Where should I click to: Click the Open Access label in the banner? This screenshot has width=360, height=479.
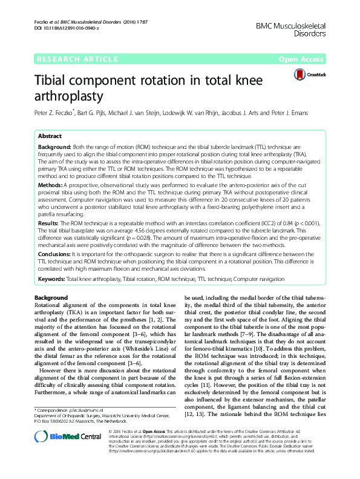coord(301,59)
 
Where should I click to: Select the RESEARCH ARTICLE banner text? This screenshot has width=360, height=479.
coord(77,59)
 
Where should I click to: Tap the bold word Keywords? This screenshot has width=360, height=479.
coord(54,279)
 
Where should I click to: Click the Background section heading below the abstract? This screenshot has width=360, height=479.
coord(51,298)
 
